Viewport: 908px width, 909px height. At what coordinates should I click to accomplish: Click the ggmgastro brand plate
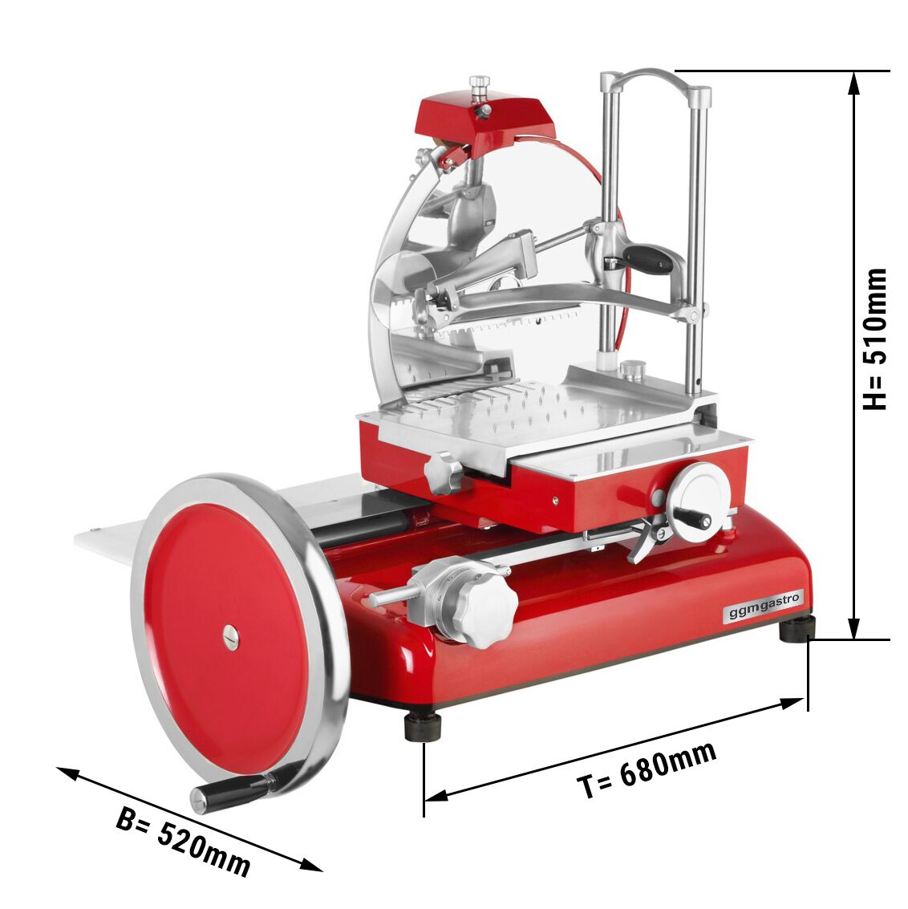click(x=763, y=605)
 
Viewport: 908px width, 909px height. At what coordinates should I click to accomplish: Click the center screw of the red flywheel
click(x=231, y=636)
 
